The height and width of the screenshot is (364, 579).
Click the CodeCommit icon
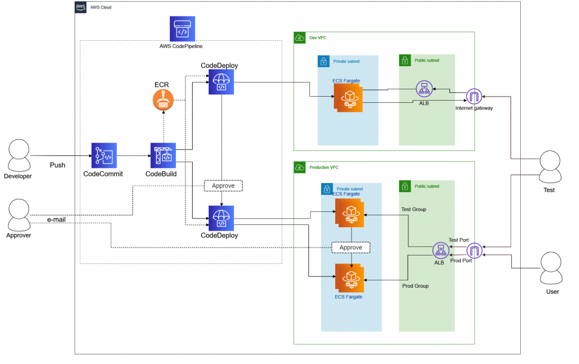point(104,155)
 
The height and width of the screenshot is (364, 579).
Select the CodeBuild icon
point(163,155)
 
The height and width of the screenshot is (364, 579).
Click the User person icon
point(552,270)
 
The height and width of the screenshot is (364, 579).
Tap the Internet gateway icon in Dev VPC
point(474,96)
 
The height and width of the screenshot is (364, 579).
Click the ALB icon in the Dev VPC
point(424,89)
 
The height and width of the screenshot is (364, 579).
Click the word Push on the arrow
point(58,166)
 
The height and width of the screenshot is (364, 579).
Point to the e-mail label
point(56,219)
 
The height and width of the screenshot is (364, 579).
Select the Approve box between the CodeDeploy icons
point(223,185)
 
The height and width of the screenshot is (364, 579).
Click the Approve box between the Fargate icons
point(351,248)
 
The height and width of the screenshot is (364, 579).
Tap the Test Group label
point(414,209)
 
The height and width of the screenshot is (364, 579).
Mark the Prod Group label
point(415,286)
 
